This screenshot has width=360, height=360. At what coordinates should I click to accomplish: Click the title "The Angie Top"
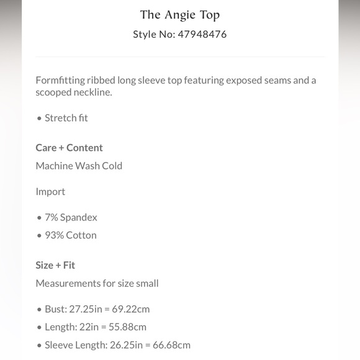tap(180, 14)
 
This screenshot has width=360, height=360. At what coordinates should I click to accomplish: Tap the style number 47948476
tap(203, 34)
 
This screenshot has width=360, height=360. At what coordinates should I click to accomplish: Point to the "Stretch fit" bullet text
tap(66, 118)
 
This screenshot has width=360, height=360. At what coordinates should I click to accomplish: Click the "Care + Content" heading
tap(69, 148)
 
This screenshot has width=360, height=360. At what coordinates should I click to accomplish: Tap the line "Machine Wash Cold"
tap(79, 166)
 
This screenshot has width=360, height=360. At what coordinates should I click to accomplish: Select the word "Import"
tap(50, 192)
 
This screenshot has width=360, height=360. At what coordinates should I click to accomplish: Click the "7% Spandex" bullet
tap(71, 217)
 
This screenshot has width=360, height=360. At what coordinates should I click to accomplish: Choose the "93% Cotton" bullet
tap(70, 235)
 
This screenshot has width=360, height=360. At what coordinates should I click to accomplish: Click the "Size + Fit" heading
tap(55, 265)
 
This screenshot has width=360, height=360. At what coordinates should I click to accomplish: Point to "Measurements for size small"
tap(97, 284)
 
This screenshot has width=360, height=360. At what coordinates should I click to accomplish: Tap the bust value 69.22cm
tap(130, 309)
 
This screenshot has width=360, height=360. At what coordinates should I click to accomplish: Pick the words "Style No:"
tap(153, 34)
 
